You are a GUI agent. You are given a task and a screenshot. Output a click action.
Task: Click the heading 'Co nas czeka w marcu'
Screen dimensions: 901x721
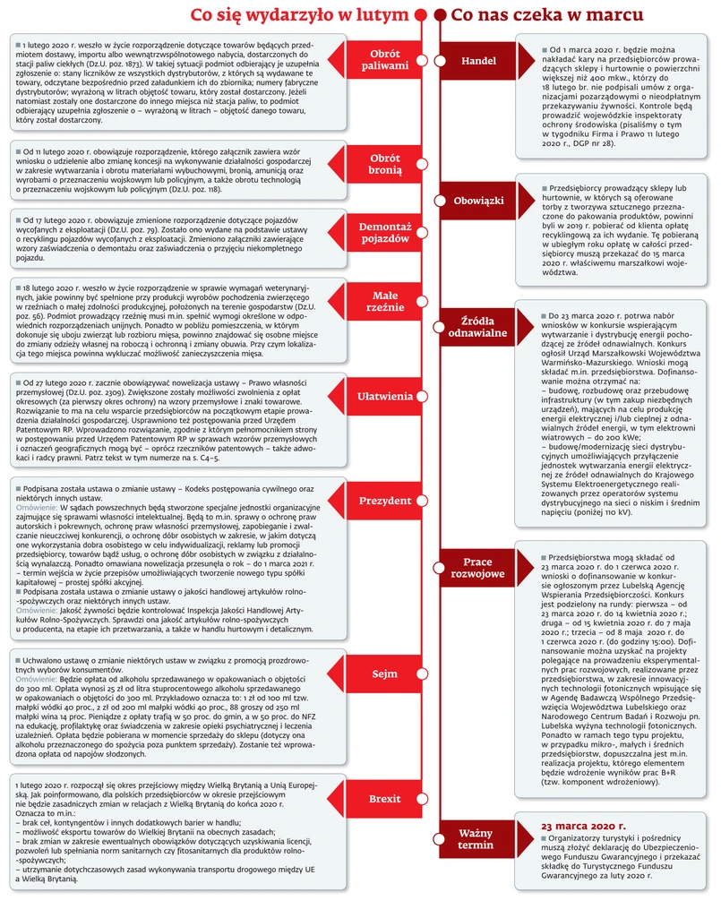tap(546, 16)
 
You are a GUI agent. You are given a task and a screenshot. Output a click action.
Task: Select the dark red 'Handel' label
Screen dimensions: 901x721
tap(479, 60)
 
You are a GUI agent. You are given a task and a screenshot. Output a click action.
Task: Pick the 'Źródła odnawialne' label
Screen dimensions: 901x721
tap(479, 326)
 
